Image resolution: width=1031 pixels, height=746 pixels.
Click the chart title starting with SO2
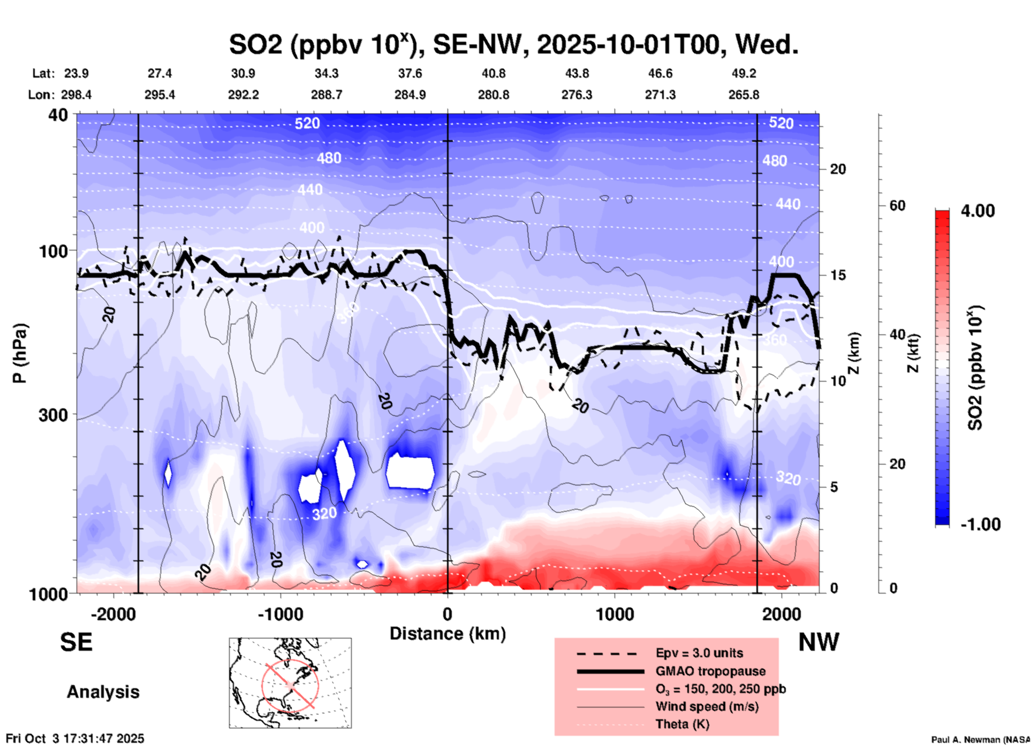[x=513, y=44]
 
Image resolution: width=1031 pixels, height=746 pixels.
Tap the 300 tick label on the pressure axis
[x=54, y=415]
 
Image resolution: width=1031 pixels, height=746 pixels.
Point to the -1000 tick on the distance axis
[x=280, y=614]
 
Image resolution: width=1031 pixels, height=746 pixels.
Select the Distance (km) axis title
[x=448, y=634]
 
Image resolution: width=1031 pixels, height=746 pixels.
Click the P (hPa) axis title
[x=20, y=353]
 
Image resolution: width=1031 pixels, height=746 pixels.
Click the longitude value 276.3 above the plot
[x=577, y=95]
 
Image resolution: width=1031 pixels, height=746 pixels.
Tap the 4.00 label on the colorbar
[x=977, y=211]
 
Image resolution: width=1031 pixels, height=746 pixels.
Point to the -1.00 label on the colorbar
[x=980, y=524]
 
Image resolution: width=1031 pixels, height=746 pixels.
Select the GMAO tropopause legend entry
[x=710, y=671]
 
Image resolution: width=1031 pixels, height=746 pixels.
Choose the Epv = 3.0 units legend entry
[x=699, y=653]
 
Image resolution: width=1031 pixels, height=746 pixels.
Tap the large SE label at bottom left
[x=76, y=642]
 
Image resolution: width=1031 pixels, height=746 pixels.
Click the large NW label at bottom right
[x=818, y=642]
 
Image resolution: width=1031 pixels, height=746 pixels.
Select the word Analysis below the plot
[x=103, y=692]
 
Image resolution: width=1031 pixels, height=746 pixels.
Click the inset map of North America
[x=290, y=683]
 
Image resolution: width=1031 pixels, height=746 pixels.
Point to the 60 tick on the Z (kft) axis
[x=897, y=205]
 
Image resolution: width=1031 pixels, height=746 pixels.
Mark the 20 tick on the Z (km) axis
[x=838, y=169]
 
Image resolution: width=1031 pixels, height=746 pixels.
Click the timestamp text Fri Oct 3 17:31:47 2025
[x=75, y=739]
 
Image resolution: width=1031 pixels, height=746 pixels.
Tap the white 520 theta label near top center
[x=307, y=124]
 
